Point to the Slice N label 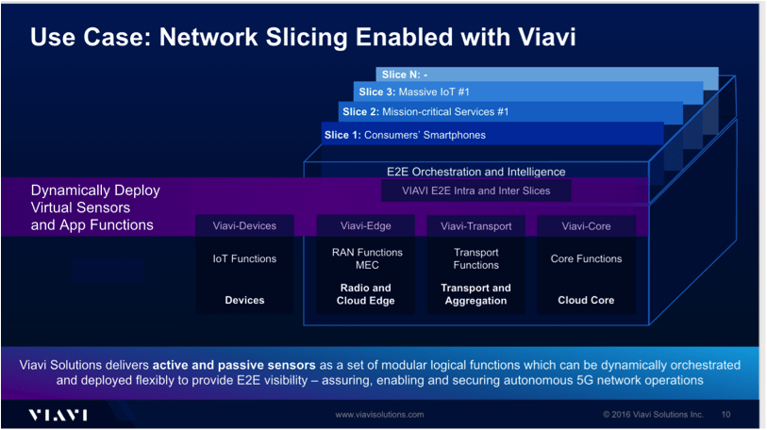405,74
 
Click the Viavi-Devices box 245,226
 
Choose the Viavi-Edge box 366,226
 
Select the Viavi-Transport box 475,226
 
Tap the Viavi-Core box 586,226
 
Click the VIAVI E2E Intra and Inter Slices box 475,190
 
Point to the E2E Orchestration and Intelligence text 475,172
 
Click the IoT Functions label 245,258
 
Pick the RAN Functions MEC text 366,258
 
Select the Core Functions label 586,258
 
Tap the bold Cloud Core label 586,300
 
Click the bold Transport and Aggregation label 475,294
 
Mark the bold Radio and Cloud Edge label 366,294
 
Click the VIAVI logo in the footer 58,415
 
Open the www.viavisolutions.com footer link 380,415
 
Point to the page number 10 725,414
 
